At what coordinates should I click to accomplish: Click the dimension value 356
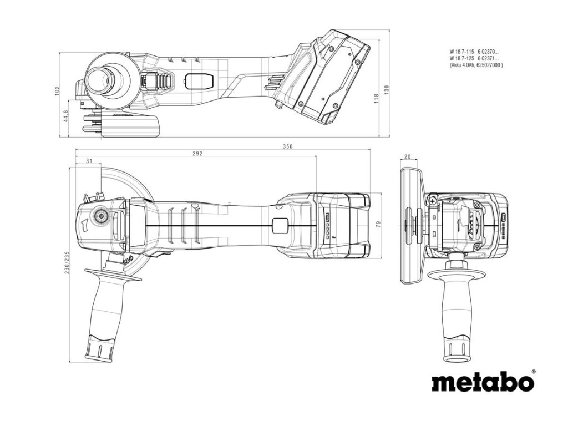(287, 146)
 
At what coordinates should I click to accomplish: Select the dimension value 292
(197, 154)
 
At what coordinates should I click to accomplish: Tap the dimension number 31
(89, 161)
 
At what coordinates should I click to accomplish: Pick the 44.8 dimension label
(66, 117)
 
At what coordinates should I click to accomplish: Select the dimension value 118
(376, 98)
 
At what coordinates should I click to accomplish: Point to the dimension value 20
(408, 157)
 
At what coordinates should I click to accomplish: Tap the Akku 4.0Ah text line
(476, 65)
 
